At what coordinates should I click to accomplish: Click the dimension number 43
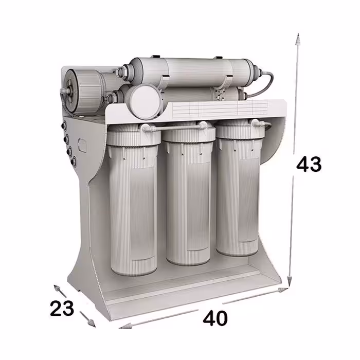tap(309, 164)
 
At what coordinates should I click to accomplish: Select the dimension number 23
tap(62, 308)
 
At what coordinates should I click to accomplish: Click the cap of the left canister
tap(133, 134)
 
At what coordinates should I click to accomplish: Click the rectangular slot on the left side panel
tap(82, 145)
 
